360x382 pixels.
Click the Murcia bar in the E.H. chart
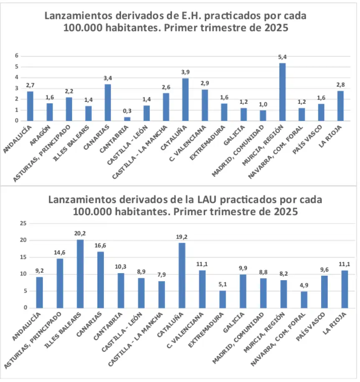(282, 92)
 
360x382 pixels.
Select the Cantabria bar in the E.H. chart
(127, 118)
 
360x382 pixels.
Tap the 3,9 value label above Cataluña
(185, 72)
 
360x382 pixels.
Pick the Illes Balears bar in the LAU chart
(80, 274)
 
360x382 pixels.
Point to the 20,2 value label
(80, 234)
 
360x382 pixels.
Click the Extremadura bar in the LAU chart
(222, 299)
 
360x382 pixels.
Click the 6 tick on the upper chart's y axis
(16, 55)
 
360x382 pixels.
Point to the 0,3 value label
(127, 111)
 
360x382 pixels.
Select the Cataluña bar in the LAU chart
(182, 275)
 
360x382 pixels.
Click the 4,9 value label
(304, 285)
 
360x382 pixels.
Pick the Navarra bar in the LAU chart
(304, 299)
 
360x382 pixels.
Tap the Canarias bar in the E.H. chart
(108, 102)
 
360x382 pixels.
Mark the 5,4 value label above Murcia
(282, 57)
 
